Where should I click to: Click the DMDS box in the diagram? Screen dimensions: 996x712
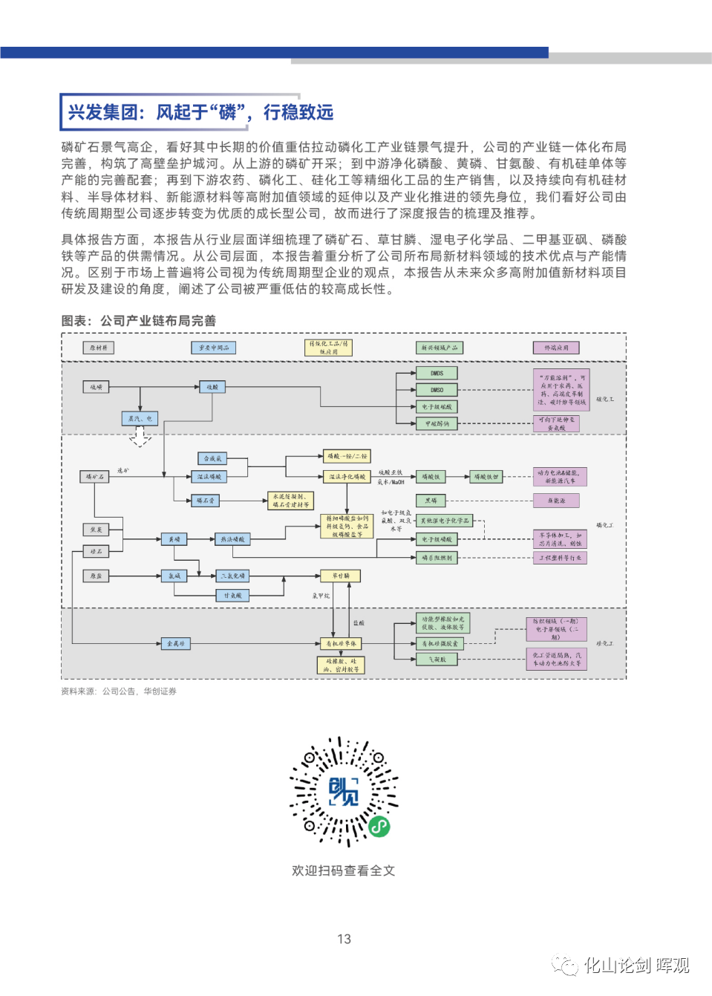(437, 373)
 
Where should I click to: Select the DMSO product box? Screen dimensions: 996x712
(437, 389)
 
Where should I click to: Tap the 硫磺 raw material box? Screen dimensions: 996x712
(97, 387)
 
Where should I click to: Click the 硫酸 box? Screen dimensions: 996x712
(212, 387)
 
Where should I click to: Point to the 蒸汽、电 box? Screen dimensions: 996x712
(140, 419)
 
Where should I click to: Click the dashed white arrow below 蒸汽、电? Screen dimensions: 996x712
(140, 437)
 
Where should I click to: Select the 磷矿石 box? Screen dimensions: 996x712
(96, 476)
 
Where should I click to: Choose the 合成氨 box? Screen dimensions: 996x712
(212, 458)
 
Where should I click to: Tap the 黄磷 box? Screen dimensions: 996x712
(174, 539)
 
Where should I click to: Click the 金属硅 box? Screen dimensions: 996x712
(176, 643)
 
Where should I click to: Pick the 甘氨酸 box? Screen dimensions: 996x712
(233, 595)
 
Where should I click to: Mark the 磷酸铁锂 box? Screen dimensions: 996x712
(487, 476)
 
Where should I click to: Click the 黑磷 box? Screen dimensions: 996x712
(431, 501)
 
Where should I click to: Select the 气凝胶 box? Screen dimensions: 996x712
(437, 659)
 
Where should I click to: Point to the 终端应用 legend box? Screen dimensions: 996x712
(556, 348)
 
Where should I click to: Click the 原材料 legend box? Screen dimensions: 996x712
(99, 348)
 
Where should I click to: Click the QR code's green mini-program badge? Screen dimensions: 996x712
(379, 826)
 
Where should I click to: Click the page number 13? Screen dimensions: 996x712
(344, 939)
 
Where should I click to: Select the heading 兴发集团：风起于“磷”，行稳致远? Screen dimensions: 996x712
(200, 112)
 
